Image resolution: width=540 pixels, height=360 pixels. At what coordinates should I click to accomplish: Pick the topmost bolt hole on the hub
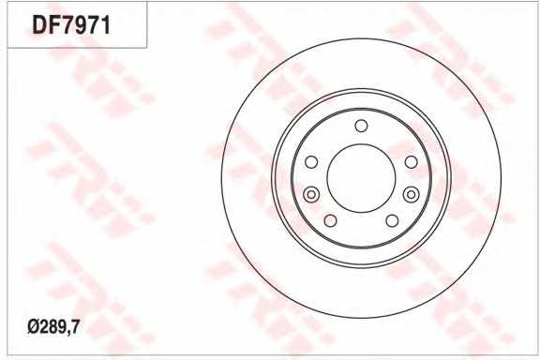click(361, 127)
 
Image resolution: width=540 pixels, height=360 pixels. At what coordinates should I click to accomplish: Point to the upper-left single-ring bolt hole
click(311, 162)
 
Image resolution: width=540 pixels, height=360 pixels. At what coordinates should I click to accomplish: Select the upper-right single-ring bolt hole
click(411, 162)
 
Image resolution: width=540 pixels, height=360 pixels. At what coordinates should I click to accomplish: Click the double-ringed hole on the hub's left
click(311, 194)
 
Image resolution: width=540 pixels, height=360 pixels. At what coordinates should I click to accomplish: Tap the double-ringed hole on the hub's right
click(411, 194)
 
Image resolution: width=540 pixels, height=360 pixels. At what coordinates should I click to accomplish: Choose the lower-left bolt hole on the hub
click(330, 220)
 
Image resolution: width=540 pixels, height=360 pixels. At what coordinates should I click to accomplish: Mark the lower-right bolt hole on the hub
click(392, 220)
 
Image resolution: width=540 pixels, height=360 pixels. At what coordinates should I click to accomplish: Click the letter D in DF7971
click(40, 25)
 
